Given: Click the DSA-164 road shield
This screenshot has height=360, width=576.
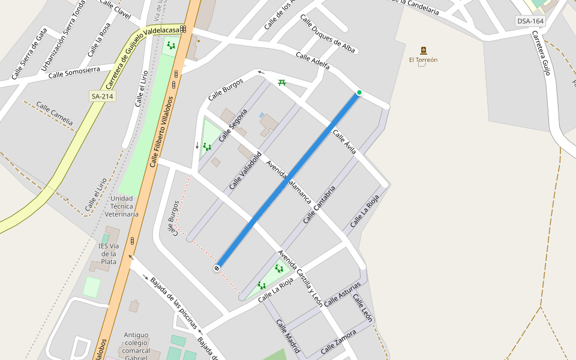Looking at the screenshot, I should pyautogui.click(x=530, y=22).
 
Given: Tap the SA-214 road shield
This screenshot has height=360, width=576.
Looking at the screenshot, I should pyautogui.click(x=102, y=95).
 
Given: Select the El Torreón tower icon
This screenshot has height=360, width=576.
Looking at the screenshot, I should pyautogui.click(x=424, y=50).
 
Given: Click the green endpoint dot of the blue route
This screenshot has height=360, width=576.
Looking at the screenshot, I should pyautogui.click(x=359, y=92).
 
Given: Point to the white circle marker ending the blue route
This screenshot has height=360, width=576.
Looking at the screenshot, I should pyautogui.click(x=217, y=268).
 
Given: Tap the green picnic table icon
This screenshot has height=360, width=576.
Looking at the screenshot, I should pyautogui.click(x=282, y=82).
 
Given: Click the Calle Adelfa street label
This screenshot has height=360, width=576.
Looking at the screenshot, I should pyautogui.click(x=313, y=60).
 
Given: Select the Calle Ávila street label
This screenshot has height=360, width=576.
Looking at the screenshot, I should pyautogui.click(x=344, y=142).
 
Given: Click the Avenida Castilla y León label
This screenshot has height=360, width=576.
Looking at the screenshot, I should pyautogui.click(x=300, y=278).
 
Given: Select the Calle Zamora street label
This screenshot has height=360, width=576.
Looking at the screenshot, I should pyautogui.click(x=338, y=342).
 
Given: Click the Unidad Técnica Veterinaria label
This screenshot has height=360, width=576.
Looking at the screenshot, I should pyautogui.click(x=122, y=206).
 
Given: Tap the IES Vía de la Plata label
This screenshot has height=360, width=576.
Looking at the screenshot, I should pyautogui.click(x=108, y=253).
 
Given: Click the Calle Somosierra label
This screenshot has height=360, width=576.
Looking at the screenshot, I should pyautogui.click(x=74, y=73).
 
